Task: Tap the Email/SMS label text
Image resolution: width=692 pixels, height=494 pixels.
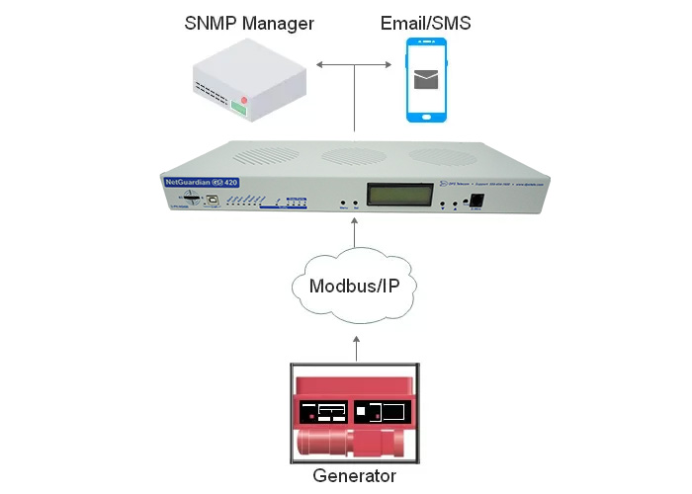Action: [x=426, y=22]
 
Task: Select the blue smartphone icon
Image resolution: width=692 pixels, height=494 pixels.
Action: [x=426, y=80]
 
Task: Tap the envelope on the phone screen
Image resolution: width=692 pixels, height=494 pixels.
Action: [x=426, y=78]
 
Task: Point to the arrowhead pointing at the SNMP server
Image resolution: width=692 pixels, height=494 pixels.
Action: [x=319, y=66]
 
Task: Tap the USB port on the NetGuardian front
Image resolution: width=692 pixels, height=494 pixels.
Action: [x=214, y=198]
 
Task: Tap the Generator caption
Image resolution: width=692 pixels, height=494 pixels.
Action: [x=354, y=475]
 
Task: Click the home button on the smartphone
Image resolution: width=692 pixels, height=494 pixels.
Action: [x=426, y=115]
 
